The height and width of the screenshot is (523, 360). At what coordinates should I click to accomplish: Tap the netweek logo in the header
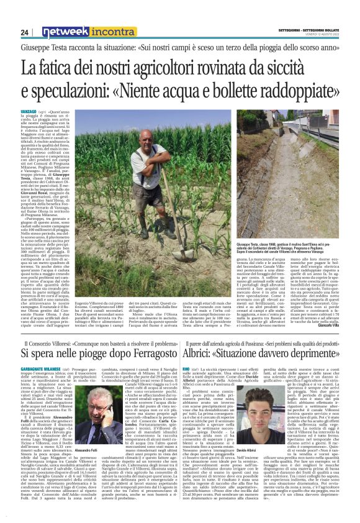click(60, 32)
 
